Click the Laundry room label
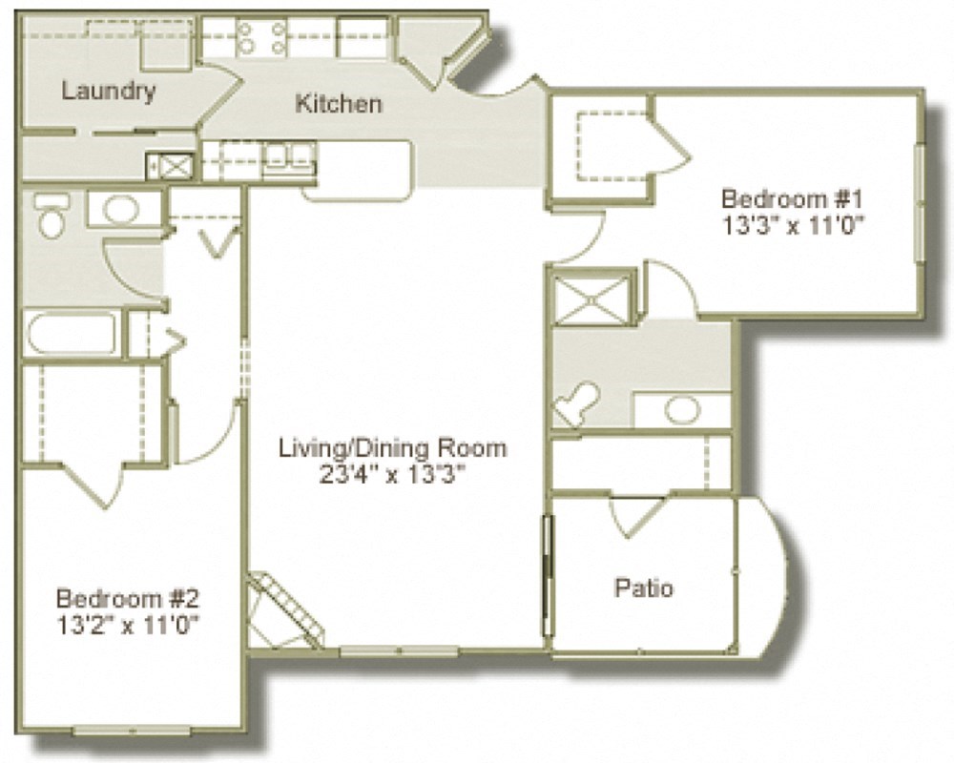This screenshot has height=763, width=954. [x=108, y=92]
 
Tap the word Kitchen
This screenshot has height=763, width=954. [x=339, y=103]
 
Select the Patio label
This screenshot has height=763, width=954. [x=643, y=588]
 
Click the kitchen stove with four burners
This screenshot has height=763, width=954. [x=260, y=36]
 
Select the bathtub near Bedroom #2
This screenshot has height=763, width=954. [x=72, y=334]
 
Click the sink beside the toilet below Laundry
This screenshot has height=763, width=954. [x=120, y=209]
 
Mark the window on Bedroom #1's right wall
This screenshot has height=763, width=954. [x=919, y=201]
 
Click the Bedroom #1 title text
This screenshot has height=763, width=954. [x=792, y=200]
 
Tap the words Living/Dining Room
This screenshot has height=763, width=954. [x=392, y=447]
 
